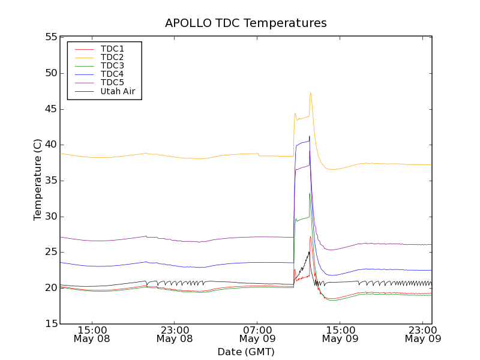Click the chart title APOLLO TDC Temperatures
[x=246, y=23]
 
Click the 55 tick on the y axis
[x=50, y=37]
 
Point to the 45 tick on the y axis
[x=50, y=109]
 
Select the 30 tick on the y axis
[x=50, y=217]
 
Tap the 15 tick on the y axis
[x=50, y=324]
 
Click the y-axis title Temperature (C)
[x=38, y=180]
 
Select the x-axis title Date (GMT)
[x=246, y=352]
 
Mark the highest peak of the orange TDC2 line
[x=310, y=92]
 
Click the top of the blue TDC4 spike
[x=310, y=136]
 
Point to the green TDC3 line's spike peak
[x=310, y=193]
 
